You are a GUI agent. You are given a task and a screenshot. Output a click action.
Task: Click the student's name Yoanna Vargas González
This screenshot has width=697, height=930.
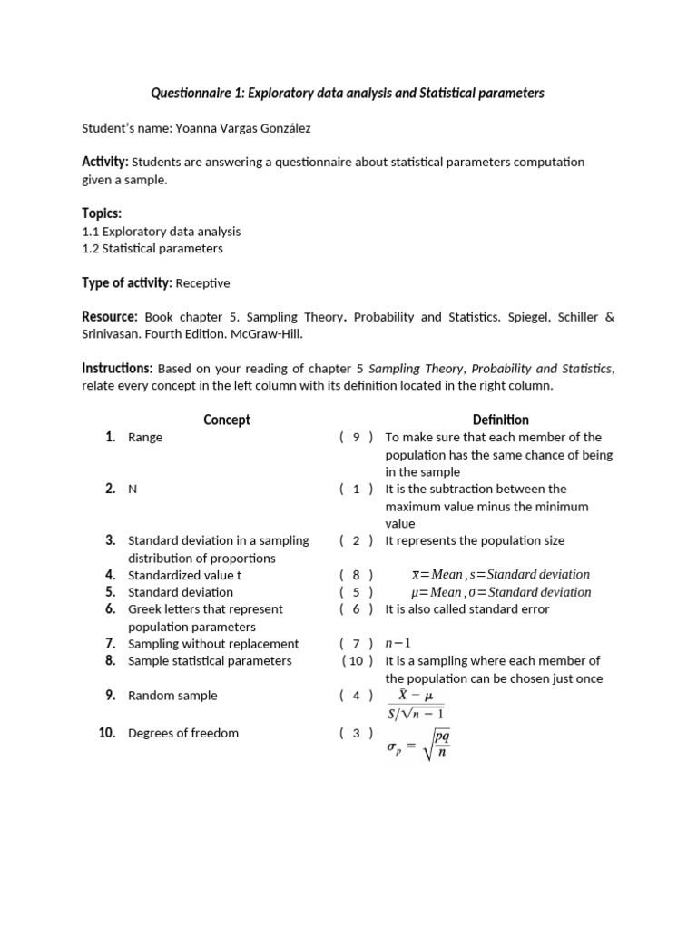247,128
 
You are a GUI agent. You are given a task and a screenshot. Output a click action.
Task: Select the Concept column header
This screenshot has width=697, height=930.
226,420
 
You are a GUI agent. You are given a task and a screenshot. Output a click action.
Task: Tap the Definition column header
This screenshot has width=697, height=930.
500,420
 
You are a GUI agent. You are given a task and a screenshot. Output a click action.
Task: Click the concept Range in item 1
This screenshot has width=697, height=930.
145,437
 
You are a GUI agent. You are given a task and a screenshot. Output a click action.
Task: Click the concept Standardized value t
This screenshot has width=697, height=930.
185,575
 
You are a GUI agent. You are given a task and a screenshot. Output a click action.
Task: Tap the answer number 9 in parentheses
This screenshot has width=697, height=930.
357,437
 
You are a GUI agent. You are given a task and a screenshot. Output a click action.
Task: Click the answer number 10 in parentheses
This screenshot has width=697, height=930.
357,661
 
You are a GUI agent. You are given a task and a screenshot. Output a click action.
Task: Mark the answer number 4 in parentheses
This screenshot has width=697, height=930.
357,696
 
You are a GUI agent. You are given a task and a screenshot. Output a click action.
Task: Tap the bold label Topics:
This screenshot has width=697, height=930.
102,213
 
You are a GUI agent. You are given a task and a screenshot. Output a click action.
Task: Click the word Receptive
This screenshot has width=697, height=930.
202,283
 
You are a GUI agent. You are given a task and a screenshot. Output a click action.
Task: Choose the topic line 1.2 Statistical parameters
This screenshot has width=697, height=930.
152,248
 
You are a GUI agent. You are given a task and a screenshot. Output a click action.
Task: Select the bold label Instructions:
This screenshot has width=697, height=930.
117,368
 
